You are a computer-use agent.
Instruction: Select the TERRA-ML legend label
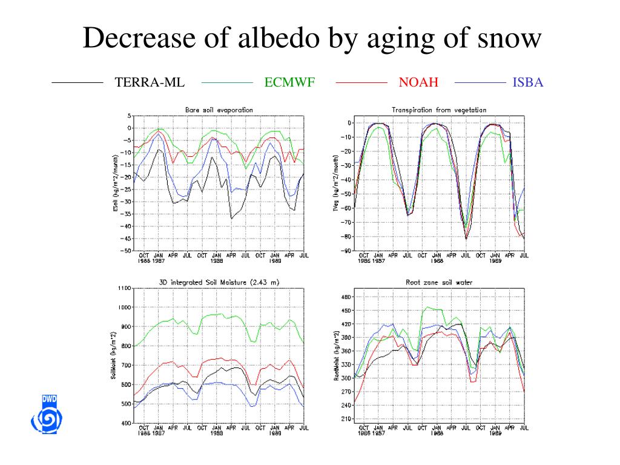[150, 82]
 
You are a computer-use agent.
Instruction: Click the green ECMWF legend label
[289, 82]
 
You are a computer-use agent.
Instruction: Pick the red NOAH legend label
[418, 82]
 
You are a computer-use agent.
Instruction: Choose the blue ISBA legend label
[528, 82]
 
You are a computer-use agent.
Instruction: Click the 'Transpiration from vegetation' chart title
[439, 110]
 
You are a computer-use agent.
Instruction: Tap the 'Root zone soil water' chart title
[439, 282]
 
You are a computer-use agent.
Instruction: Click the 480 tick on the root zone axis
[346, 297]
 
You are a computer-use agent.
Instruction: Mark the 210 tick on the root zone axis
[346, 419]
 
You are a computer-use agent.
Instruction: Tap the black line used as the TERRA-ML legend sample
[77, 82]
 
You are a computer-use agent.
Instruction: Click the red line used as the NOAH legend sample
[361, 82]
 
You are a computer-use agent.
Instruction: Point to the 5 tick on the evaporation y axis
[129, 116]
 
